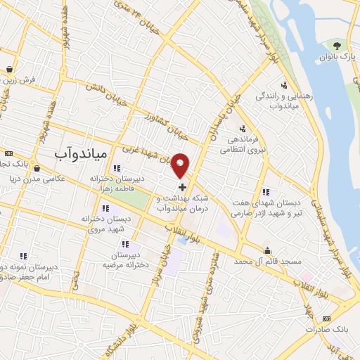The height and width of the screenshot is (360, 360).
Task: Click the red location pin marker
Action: click(x=181, y=165)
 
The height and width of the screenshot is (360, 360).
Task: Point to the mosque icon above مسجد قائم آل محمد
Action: click(x=268, y=250)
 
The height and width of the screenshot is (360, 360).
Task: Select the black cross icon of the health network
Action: click(x=183, y=188)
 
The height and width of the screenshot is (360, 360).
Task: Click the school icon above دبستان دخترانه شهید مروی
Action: click(x=106, y=208)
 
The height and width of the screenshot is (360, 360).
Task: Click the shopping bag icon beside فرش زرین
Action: click(x=8, y=69)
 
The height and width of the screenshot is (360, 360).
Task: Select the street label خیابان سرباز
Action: click(x=159, y=271)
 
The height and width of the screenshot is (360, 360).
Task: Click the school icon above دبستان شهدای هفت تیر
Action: click(x=265, y=191)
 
